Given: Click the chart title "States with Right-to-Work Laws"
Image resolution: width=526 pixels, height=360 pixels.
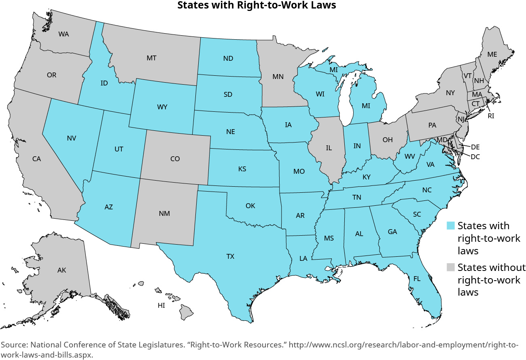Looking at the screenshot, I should (257, 5).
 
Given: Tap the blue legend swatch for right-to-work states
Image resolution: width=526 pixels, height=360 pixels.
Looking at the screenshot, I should (451, 226).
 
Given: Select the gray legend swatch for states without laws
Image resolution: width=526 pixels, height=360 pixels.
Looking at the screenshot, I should (451, 267).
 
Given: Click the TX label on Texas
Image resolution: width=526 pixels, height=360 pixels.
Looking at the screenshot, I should (230, 256).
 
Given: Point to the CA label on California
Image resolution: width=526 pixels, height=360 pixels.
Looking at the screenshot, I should (36, 159).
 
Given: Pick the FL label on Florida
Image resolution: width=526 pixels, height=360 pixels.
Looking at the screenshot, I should (417, 279).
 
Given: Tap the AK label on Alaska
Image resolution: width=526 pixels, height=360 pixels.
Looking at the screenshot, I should (62, 270).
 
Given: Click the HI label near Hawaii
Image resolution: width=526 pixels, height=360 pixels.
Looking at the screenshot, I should (161, 305).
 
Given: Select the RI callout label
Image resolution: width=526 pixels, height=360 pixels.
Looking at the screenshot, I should (491, 115).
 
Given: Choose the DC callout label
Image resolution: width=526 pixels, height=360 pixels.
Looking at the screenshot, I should (475, 157).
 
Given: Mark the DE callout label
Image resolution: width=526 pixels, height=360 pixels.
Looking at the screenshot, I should (475, 147).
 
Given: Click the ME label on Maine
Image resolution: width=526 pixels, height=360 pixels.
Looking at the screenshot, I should (492, 54).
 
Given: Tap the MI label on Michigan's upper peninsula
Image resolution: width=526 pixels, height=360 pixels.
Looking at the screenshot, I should (333, 70).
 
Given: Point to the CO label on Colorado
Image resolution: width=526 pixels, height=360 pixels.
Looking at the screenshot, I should (175, 159).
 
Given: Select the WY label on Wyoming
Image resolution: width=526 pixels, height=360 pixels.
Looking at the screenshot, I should (162, 107).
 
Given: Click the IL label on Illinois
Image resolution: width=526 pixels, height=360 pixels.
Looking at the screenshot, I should (329, 148).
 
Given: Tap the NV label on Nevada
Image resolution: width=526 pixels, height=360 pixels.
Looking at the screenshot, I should (72, 138).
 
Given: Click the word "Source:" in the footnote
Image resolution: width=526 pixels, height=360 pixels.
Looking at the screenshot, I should (14, 345).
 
